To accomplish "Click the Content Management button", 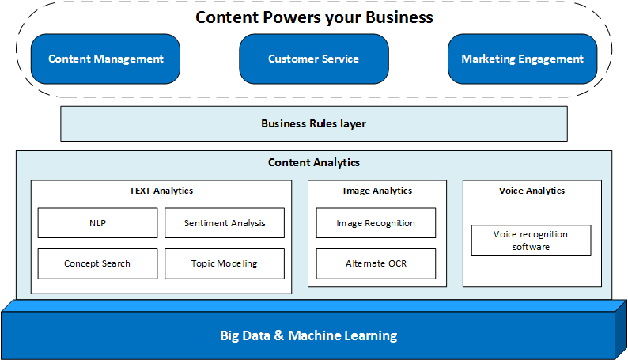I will (x=105, y=59).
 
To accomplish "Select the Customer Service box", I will (x=313, y=59).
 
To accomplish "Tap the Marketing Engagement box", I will (x=522, y=59).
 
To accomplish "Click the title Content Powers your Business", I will (x=314, y=17).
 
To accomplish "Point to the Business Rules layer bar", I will (x=313, y=123).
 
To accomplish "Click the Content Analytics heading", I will (x=313, y=162).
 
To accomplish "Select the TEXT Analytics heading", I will (x=161, y=191).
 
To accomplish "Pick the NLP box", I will (x=97, y=223).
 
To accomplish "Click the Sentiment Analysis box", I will (x=225, y=223).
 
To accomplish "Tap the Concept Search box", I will (x=97, y=263).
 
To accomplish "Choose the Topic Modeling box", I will (x=225, y=263).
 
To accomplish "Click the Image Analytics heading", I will (x=377, y=191).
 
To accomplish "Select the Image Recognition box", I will (x=376, y=223).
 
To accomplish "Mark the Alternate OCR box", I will (x=376, y=263).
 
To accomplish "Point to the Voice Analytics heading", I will (x=532, y=191).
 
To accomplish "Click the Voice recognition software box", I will (x=531, y=241).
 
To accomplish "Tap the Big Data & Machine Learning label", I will (x=308, y=335).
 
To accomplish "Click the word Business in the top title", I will (x=395, y=17).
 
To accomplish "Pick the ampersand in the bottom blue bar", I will (x=279, y=335).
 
